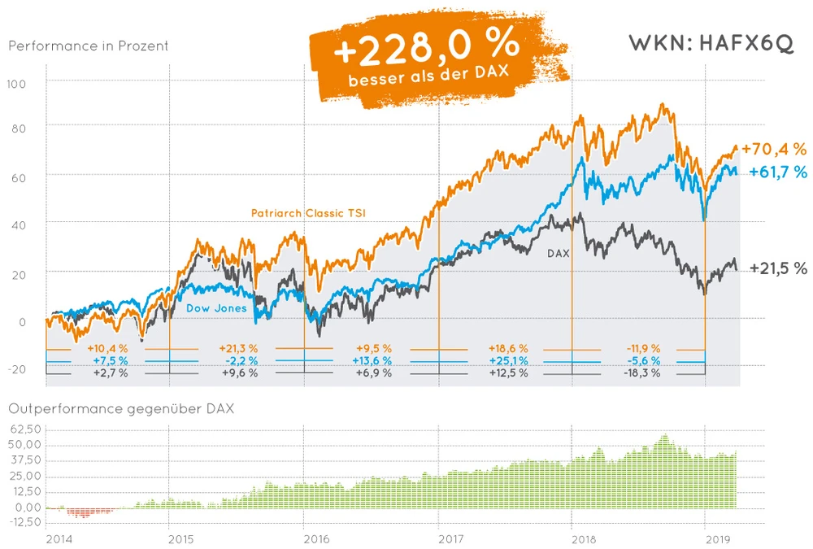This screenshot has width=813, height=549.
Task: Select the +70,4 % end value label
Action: click(773, 149)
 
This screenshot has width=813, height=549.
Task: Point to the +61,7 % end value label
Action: click(777, 172)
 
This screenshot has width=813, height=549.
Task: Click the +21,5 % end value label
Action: click(778, 268)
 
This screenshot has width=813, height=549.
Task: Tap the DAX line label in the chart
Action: click(558, 254)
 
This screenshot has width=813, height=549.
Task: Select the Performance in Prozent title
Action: click(89, 46)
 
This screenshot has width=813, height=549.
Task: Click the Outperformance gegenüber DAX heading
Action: click(121, 408)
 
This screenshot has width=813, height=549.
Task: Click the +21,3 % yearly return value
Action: click(238, 348)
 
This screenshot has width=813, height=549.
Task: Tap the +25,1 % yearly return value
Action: click(508, 360)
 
